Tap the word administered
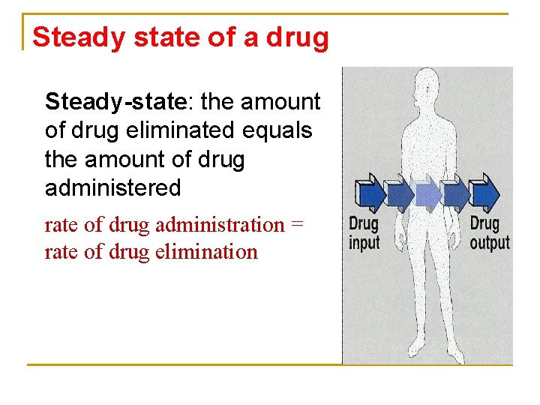pos(113,187)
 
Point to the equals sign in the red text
pos(298,224)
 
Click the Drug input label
pos(364,232)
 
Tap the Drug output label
pos(488,232)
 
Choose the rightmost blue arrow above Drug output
pos(485,193)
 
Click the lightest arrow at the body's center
pos(427,193)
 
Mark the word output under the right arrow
pos(489,242)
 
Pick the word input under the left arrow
pos(364,242)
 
